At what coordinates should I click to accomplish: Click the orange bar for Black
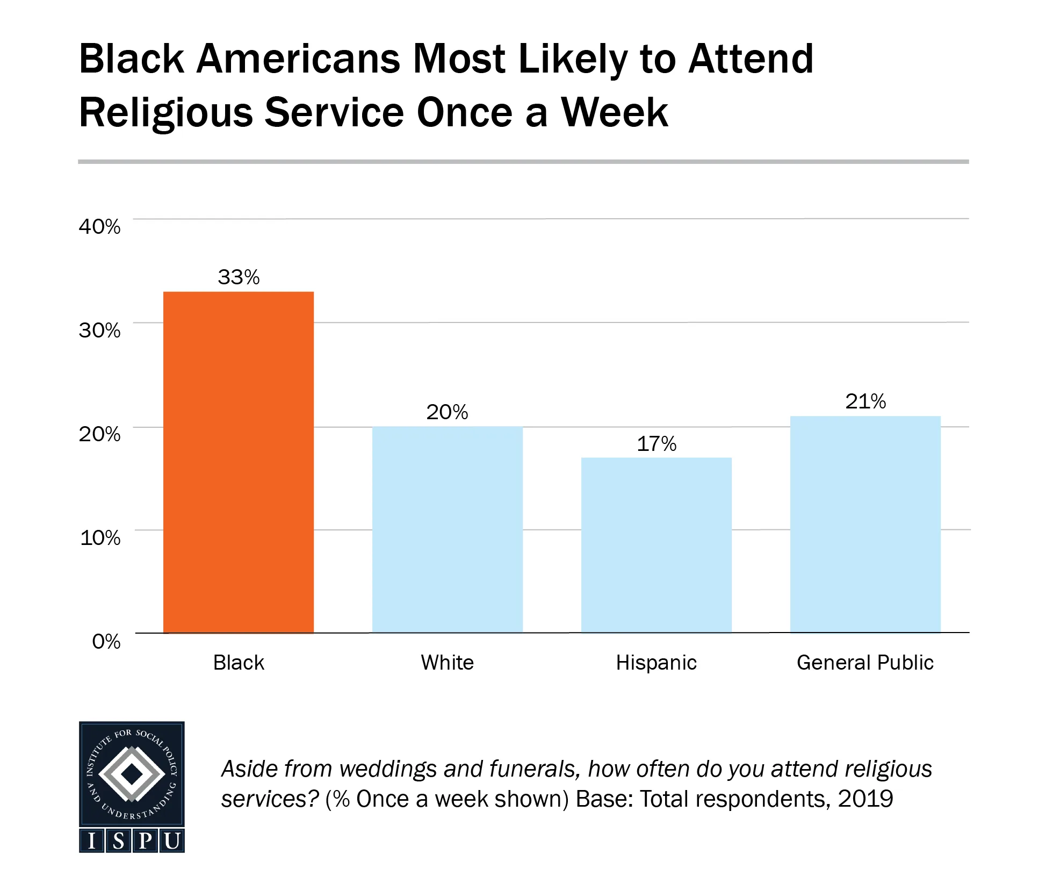(238, 462)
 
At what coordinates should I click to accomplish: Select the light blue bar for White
(447, 529)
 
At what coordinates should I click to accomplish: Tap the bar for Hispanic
(656, 545)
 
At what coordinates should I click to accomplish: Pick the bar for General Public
(865, 524)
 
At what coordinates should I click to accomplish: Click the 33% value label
(239, 277)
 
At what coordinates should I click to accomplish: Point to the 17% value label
(657, 444)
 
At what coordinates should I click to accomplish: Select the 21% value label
(866, 401)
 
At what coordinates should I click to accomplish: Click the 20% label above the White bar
(447, 412)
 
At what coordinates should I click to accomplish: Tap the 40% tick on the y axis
(100, 227)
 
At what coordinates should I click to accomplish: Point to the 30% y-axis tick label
(100, 330)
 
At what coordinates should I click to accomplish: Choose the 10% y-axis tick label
(100, 537)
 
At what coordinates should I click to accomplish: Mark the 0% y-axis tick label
(106, 641)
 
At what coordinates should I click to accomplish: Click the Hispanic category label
(656, 663)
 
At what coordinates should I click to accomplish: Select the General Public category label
(865, 663)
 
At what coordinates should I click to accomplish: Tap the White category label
(447, 663)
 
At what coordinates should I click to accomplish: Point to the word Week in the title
(615, 112)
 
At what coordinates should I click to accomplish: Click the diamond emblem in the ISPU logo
(132, 774)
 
